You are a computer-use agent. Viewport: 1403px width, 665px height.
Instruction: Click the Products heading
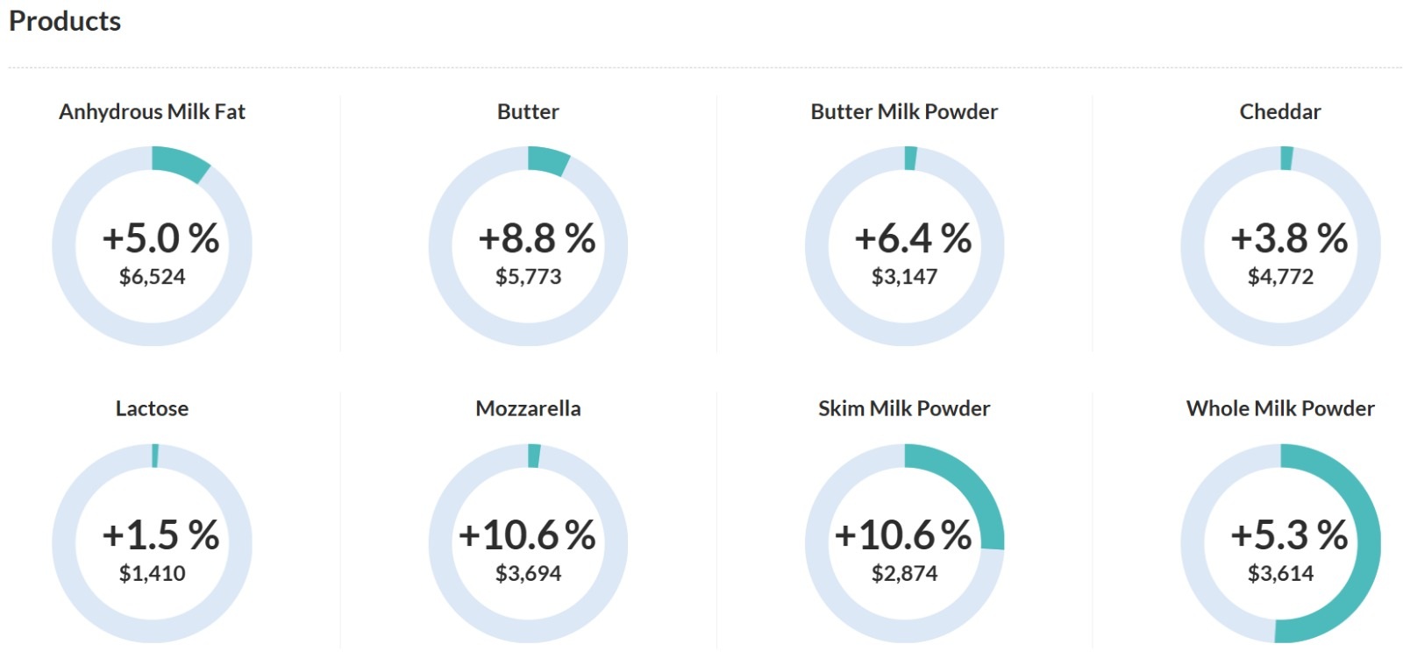[x=65, y=21]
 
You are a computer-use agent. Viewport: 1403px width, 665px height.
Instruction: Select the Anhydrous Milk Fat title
[x=152, y=112]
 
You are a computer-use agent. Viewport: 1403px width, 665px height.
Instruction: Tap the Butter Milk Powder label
[x=904, y=112]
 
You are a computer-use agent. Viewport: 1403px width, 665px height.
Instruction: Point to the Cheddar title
[x=1279, y=112]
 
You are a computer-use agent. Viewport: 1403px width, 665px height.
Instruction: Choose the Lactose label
[x=152, y=408]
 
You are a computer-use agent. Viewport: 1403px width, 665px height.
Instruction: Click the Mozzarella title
[x=528, y=408]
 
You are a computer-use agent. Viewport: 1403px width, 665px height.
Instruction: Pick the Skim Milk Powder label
[x=904, y=408]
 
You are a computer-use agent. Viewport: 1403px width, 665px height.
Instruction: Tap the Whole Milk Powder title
[x=1279, y=408]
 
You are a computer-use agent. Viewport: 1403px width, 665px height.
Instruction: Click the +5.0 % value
[x=160, y=238]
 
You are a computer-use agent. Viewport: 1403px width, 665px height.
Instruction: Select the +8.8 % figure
[x=537, y=238]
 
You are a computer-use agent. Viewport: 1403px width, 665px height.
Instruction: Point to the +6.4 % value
[x=913, y=238]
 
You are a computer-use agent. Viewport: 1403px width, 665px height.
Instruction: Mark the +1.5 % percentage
[x=160, y=534]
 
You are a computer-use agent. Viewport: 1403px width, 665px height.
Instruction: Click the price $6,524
[x=152, y=277]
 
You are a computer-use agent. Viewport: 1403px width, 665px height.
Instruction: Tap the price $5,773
[x=528, y=277]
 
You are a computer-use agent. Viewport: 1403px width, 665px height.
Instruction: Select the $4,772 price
[x=1280, y=277]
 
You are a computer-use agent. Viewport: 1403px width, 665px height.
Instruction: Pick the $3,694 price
[x=528, y=574]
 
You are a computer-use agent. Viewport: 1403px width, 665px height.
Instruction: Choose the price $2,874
[x=904, y=574]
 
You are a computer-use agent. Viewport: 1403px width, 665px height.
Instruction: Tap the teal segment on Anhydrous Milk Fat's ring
[x=181, y=162]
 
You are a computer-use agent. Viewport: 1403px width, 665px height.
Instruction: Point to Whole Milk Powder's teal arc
[x=1364, y=561]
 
